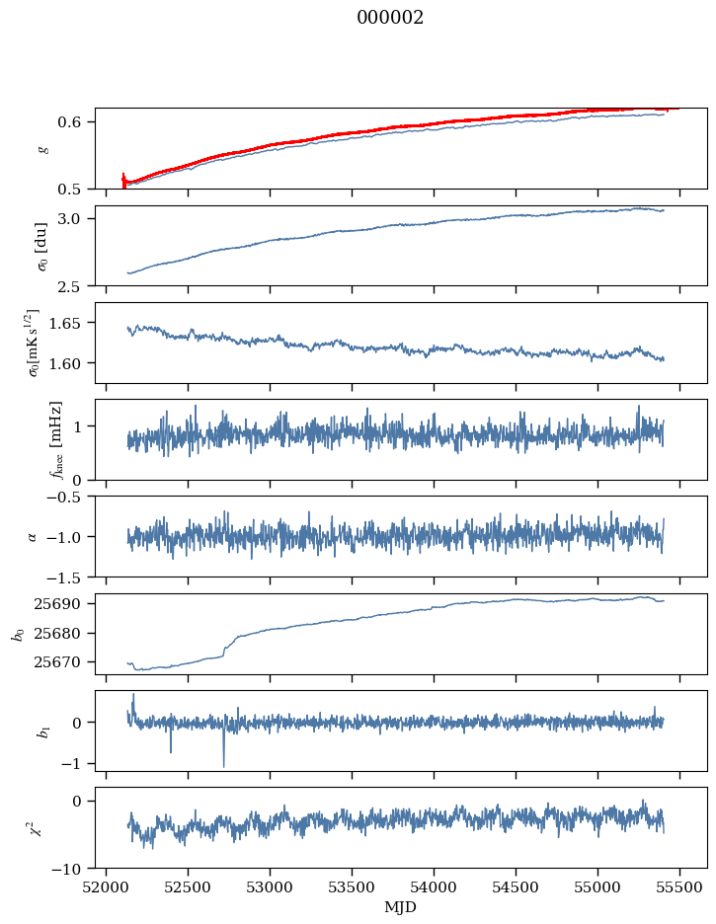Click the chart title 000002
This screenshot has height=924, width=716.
[390, 18]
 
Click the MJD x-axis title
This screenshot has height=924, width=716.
[400, 907]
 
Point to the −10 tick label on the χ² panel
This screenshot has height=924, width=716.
[70, 869]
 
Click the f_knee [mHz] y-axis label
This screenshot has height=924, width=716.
[56, 439]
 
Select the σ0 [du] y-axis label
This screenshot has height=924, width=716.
[42, 246]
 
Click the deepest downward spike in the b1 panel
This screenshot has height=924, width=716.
[224, 765]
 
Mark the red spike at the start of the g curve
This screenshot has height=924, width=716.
[123, 181]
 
